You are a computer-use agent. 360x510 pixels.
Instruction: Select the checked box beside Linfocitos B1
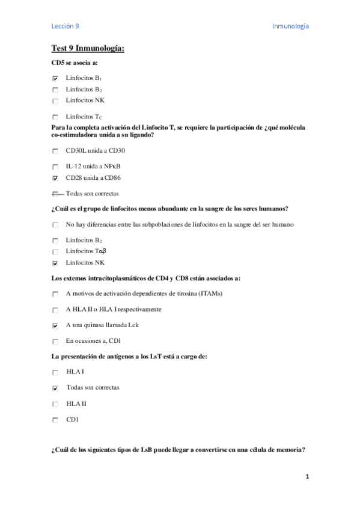click(x=55, y=78)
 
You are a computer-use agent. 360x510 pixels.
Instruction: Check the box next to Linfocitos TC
click(x=55, y=117)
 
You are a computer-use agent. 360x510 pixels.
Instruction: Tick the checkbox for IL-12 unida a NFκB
click(x=55, y=166)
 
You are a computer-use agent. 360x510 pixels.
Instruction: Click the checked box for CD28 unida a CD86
click(x=55, y=179)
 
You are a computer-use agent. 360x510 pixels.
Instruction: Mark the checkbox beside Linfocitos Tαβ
click(x=55, y=251)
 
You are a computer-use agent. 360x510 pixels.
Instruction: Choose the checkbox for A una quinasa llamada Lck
click(x=55, y=326)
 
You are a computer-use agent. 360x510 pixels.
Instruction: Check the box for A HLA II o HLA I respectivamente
click(x=55, y=310)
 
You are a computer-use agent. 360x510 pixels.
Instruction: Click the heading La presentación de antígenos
click(x=130, y=357)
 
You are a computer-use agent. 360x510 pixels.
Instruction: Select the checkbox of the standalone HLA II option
click(x=55, y=404)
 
